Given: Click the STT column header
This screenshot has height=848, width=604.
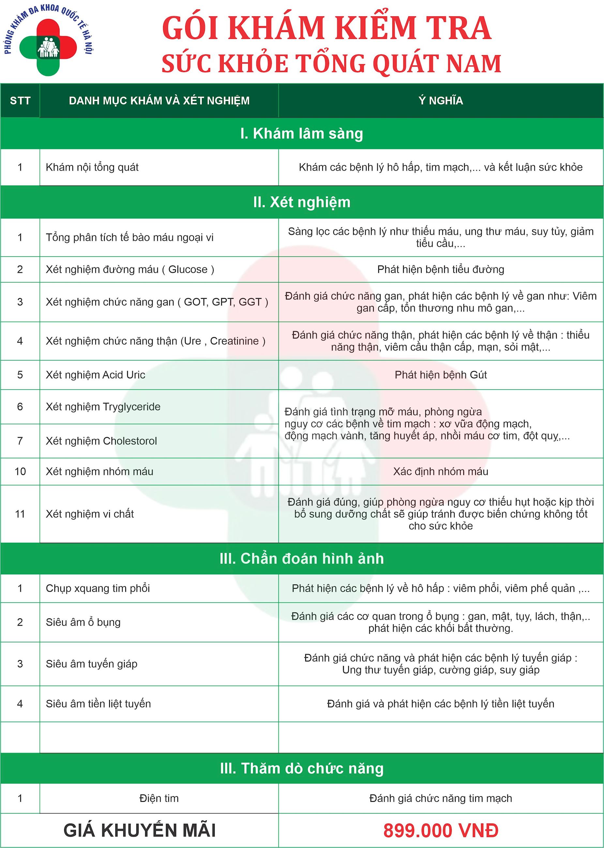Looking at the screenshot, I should pos(20,100).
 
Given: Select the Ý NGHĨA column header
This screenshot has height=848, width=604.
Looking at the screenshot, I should pos(440,100).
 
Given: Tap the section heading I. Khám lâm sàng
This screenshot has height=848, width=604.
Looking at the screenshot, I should pos(302,133).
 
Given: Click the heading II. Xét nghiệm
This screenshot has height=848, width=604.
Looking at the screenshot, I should pos(302,202).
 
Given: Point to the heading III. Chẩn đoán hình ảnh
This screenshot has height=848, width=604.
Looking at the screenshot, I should pos(302,558).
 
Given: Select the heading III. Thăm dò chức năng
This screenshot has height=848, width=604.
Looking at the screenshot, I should pos(302,768).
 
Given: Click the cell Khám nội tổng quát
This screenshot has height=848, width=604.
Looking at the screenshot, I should pos(92,167).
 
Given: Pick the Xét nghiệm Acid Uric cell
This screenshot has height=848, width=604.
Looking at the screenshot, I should pos(96,374).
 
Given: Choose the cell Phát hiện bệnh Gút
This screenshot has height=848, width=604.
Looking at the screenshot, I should pos(440,374).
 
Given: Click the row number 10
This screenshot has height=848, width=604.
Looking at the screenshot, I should pos(20,471).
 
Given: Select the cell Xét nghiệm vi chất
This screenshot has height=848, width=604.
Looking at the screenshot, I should pos(90,514).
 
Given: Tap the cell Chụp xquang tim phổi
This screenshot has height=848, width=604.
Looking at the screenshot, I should pos(98,588).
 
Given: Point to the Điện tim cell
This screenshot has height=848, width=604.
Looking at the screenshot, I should pos(159,798).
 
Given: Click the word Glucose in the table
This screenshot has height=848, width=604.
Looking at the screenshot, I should pos(188,269).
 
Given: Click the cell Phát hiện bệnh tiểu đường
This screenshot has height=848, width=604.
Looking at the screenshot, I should pos(440,269).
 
